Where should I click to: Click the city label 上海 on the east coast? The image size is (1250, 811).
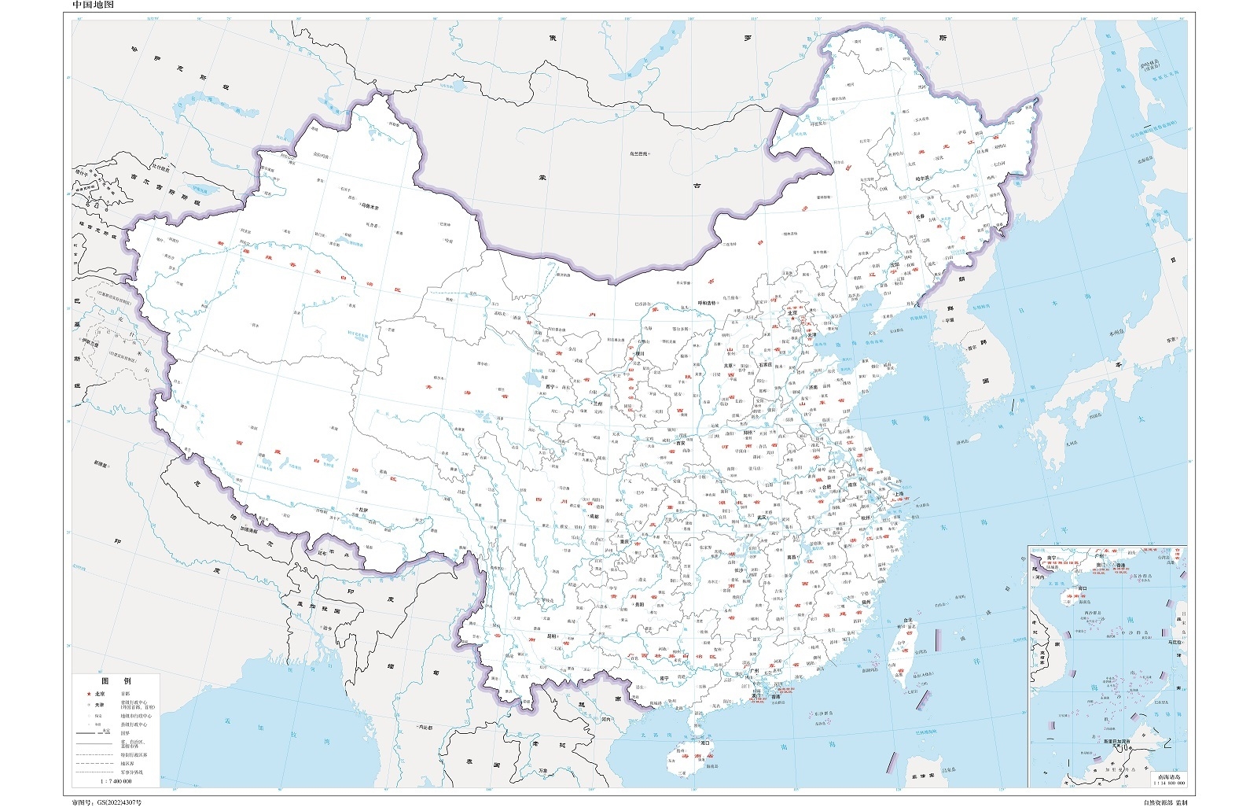900,492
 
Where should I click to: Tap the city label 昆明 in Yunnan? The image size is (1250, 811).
553,636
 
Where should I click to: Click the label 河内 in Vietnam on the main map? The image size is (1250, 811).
606,718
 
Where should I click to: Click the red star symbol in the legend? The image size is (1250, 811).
88,695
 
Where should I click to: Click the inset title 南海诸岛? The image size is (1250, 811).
1169,776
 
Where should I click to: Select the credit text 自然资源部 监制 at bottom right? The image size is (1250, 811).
1164,802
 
